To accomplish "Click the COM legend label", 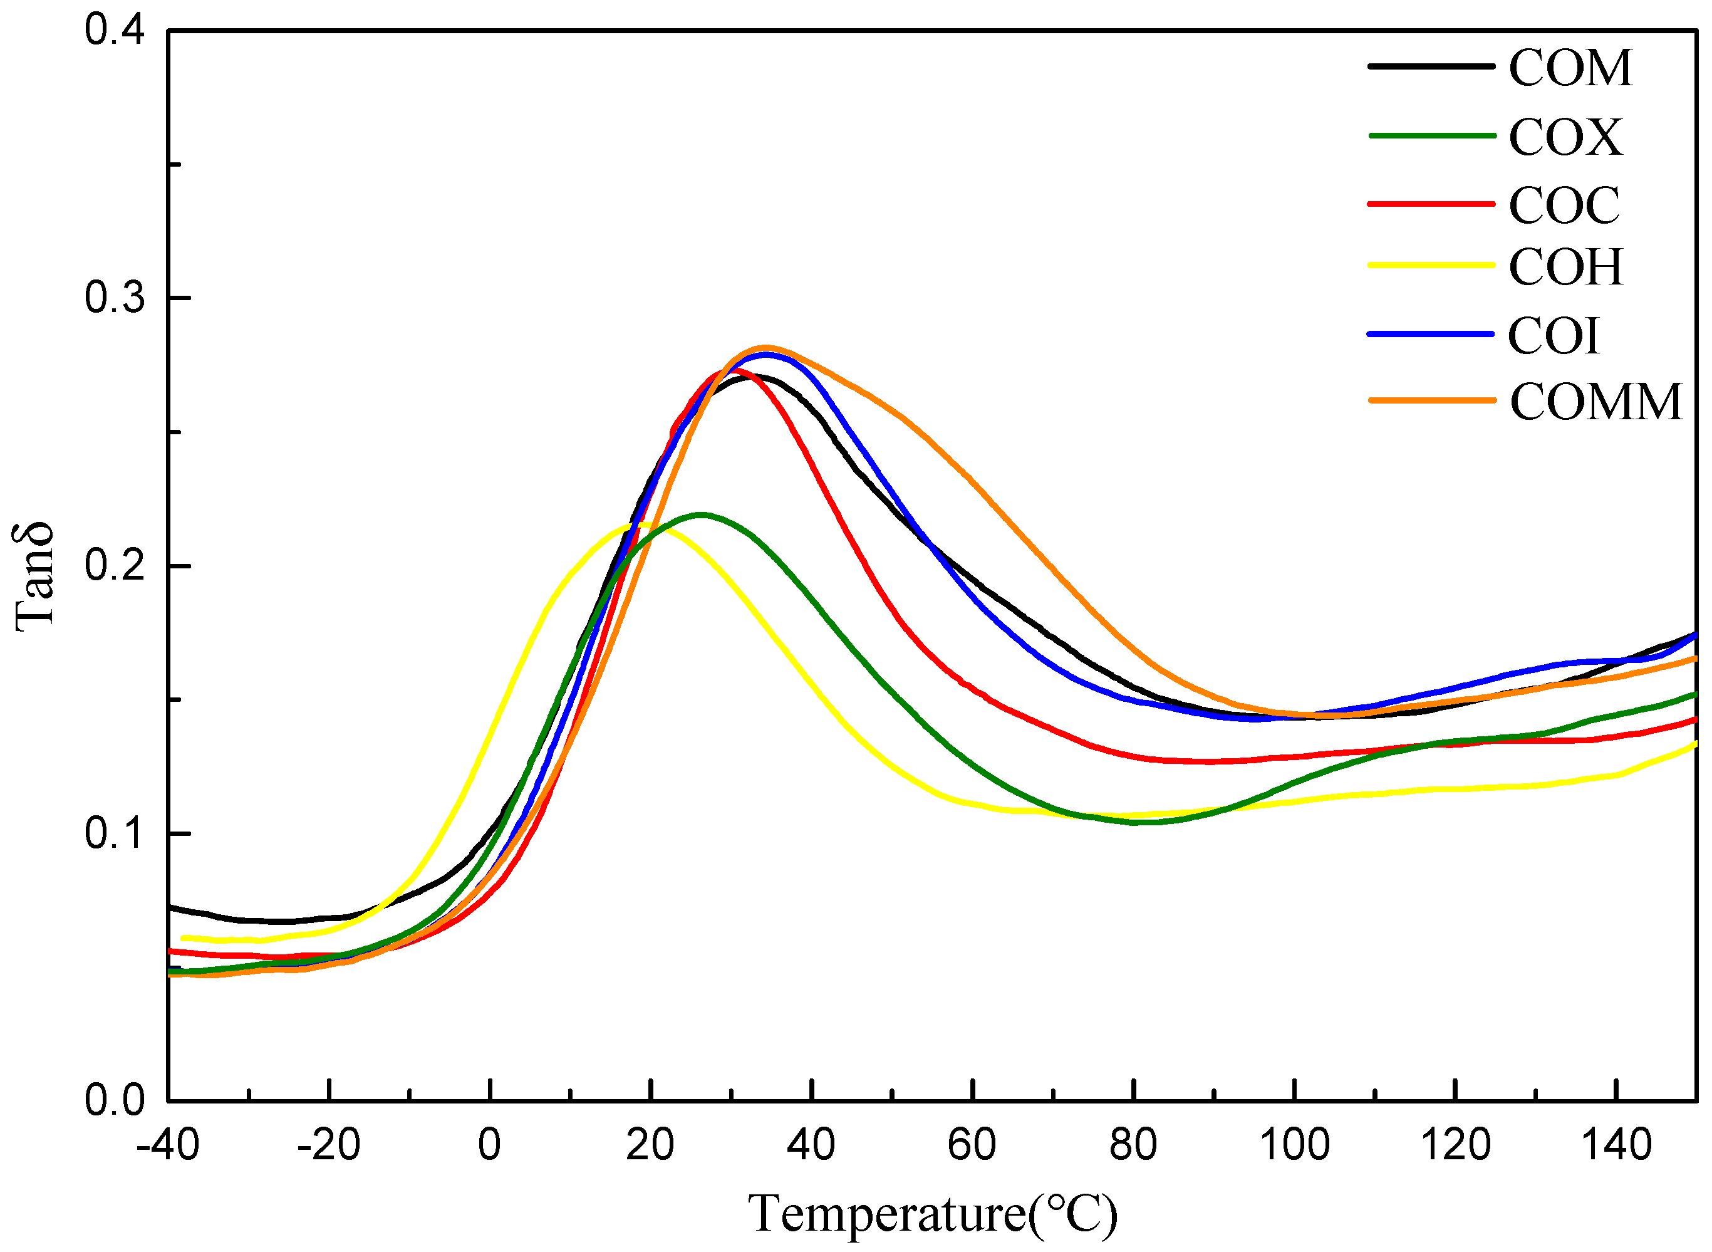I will tap(1570, 68).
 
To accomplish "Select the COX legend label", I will tap(1565, 137).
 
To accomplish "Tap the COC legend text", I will tap(1564, 206).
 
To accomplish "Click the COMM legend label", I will tap(1596, 402).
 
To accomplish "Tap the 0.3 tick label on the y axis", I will tap(113, 298).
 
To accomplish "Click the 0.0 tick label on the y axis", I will tap(113, 1100).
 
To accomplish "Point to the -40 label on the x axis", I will tap(167, 1144).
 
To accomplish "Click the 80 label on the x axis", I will tap(1133, 1144).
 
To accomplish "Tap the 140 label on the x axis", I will tap(1616, 1144).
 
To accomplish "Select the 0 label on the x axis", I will tap(489, 1144).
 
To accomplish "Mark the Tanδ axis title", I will tap(34, 576).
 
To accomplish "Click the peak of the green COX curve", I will tap(701, 514).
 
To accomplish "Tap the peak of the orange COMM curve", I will tap(766, 348).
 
